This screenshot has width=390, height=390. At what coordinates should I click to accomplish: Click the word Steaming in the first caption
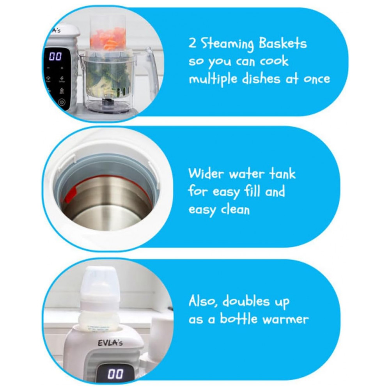[227, 44]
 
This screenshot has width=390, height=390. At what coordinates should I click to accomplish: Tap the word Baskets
[282, 43]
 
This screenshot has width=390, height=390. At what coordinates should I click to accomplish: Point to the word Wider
[206, 173]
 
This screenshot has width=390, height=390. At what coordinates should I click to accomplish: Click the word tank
[282, 173]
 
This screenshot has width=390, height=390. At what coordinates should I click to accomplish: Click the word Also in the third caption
[203, 301]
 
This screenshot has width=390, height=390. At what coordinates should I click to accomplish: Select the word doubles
[246, 301]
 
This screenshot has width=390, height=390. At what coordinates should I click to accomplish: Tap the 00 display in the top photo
[55, 56]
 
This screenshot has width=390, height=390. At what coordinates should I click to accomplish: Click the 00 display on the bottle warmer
[115, 374]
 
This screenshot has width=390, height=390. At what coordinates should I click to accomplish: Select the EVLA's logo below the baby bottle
[110, 343]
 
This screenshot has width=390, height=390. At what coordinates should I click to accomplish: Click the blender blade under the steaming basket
[108, 101]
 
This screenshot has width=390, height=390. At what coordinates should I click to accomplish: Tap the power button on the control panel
[62, 102]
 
